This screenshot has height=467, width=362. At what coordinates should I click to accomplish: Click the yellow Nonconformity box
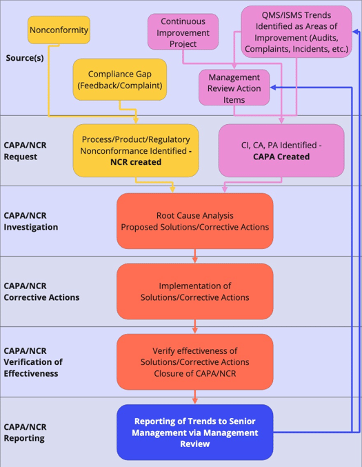click(59, 30)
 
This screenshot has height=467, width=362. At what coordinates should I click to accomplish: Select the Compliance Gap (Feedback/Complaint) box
click(120, 79)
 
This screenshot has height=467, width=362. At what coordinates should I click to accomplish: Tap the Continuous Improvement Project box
click(183, 32)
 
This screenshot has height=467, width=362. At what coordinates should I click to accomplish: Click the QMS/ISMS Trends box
click(296, 32)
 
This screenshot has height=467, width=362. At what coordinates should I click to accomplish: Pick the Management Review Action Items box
click(234, 88)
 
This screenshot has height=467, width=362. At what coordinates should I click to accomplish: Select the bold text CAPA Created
click(281, 157)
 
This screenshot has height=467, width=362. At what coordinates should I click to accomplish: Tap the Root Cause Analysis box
click(194, 221)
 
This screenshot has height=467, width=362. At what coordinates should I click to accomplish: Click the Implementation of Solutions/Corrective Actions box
click(194, 291)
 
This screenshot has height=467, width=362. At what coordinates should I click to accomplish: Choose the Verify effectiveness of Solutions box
click(194, 361)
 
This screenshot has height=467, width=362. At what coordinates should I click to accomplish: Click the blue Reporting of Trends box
click(194, 433)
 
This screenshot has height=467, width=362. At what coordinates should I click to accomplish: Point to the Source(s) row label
click(25, 58)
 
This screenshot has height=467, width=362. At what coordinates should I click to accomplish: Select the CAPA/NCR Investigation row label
click(30, 221)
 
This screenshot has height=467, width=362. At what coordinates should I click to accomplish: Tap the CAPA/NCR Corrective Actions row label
click(41, 292)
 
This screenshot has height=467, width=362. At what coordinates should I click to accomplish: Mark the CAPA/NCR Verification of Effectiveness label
click(33, 362)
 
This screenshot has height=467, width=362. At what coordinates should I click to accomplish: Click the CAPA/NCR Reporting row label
click(26, 433)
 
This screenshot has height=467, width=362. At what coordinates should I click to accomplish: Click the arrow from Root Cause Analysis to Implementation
click(195, 256)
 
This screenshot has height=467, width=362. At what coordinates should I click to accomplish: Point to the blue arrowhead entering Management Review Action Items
click(274, 88)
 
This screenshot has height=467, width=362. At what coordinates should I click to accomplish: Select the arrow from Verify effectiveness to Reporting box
click(195, 397)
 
